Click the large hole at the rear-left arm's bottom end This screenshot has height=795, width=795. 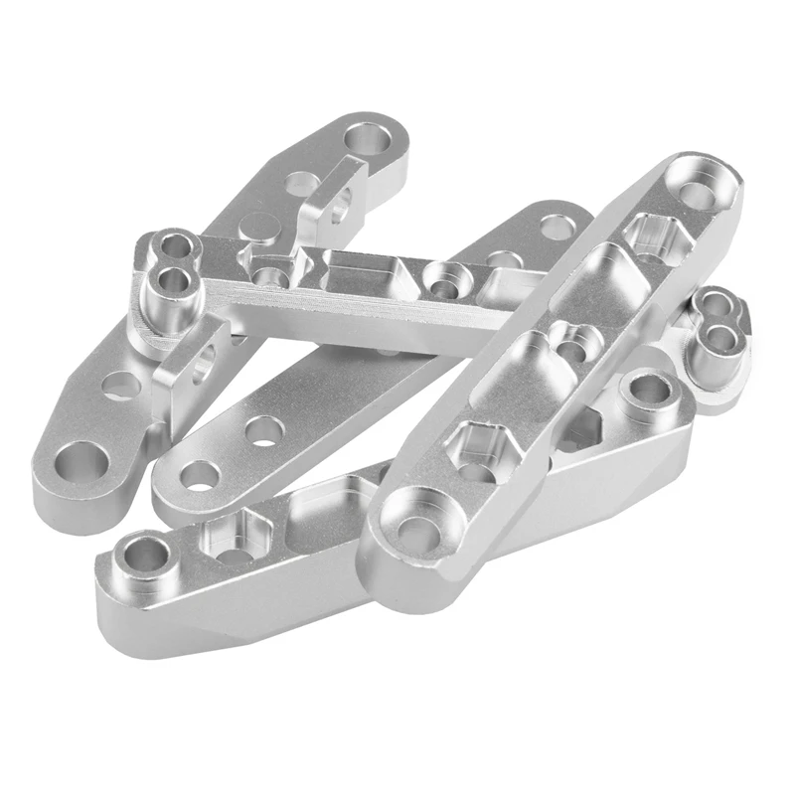[x=79, y=462]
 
